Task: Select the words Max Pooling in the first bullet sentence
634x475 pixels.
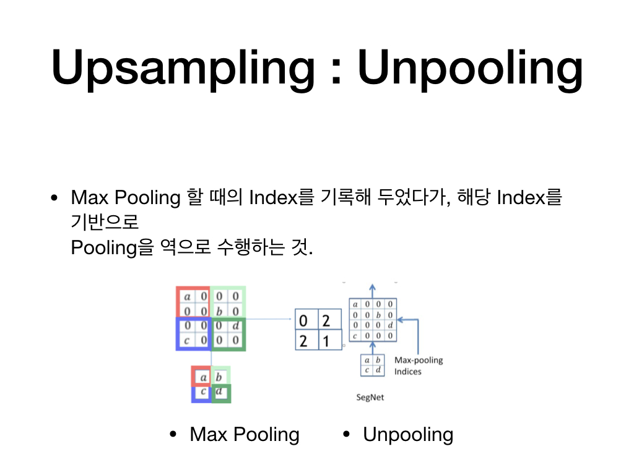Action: click(125, 198)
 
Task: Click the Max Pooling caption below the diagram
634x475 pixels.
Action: click(245, 434)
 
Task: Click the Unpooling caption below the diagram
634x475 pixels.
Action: click(408, 434)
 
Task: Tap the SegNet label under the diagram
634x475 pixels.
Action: click(370, 397)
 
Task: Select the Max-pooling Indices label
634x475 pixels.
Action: click(419, 366)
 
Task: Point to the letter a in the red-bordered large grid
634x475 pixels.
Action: click(187, 296)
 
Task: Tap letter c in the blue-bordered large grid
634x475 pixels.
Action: click(187, 340)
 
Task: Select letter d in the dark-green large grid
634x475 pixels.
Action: click(235, 325)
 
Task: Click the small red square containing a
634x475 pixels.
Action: click(202, 376)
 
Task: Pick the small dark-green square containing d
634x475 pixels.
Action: click(221, 392)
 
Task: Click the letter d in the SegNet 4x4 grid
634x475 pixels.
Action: click(390, 325)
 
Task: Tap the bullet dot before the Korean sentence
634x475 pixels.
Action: click(54, 199)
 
